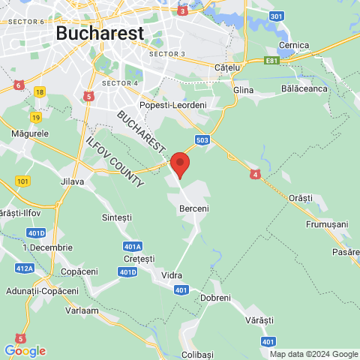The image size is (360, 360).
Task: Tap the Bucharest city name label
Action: pos(100,34)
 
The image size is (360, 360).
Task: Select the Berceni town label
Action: pos(193,208)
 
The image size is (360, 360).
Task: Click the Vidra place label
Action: pos(172,275)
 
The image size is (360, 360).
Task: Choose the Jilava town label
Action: pos(72,181)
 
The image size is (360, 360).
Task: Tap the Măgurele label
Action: pos(31,133)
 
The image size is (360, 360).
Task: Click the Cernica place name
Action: pos(293,45)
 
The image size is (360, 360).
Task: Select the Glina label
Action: pos(244,90)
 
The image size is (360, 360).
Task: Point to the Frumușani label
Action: pos(327,224)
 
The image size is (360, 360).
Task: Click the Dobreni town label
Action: pos(215,298)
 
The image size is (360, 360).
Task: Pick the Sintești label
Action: pos(116,217)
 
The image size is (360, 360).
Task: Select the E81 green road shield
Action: pos(273,60)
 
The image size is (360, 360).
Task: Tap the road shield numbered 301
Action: pos(277,16)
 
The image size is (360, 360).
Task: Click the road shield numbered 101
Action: pos(22,181)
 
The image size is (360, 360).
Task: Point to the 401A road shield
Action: pos(132,246)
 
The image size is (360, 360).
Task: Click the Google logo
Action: pos(25,350)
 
